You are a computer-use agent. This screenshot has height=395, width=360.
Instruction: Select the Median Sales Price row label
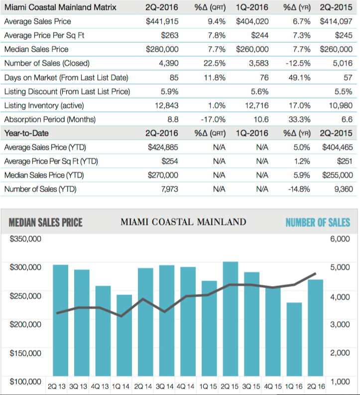click(36, 49)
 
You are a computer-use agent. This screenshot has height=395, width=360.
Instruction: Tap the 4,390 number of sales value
click(168, 63)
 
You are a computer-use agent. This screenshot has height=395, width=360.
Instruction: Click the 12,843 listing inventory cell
click(167, 105)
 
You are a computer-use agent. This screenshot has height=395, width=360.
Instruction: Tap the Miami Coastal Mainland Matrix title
click(60, 7)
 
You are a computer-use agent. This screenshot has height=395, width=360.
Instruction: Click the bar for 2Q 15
click(230, 318)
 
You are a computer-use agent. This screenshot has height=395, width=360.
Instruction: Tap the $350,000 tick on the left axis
click(25, 238)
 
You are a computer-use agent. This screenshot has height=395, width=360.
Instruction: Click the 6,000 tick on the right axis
click(340, 238)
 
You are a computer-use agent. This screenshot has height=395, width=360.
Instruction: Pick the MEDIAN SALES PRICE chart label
click(46, 222)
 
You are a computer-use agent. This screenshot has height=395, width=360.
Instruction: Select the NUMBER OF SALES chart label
click(318, 222)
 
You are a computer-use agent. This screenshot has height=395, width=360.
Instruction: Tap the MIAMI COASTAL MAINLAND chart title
click(183, 222)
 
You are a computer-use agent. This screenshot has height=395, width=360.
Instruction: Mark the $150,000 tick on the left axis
click(25, 353)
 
